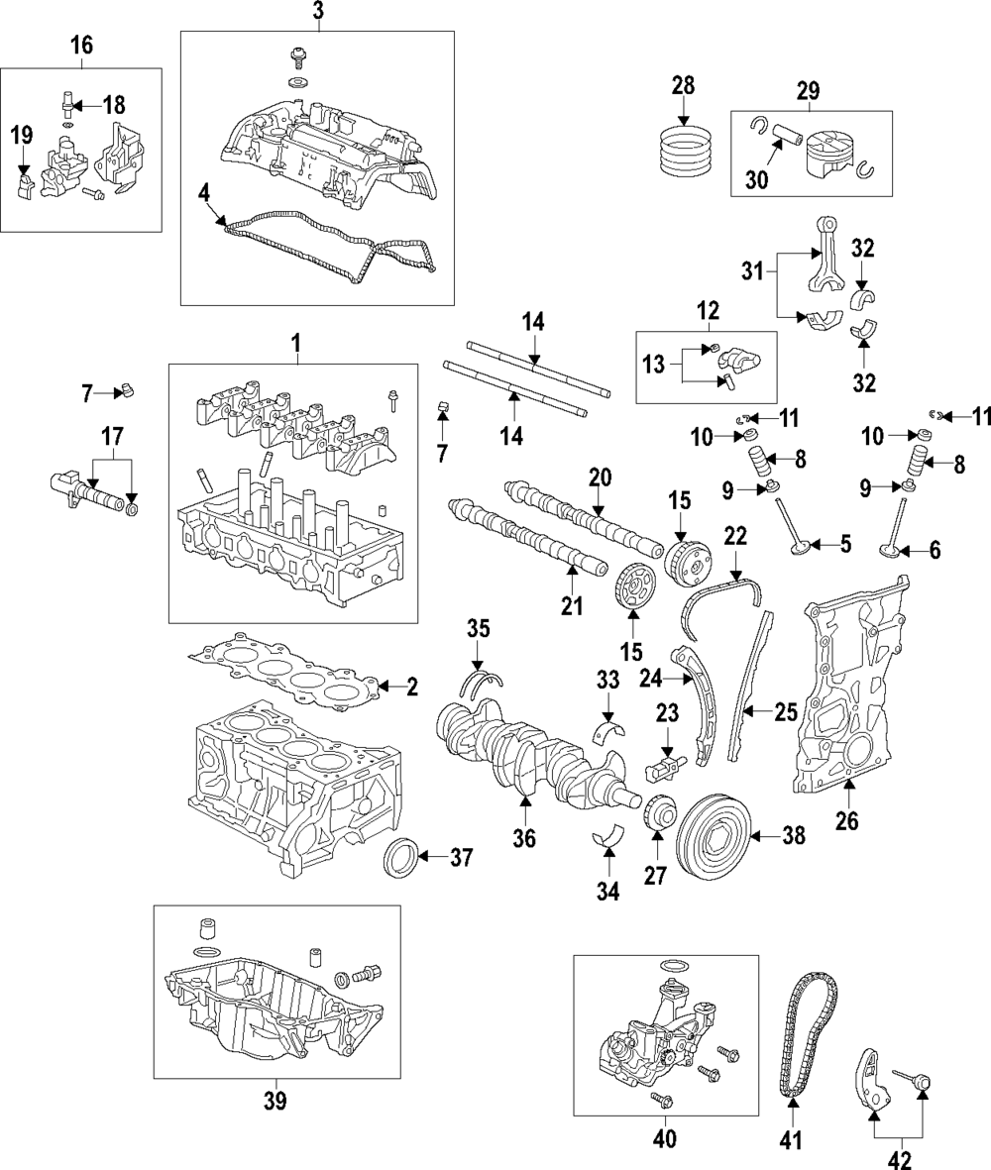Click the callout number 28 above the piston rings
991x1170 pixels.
[x=684, y=86]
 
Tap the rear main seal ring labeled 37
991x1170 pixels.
[x=400, y=855]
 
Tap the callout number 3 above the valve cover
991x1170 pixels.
[x=317, y=12]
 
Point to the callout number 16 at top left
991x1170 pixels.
[x=81, y=47]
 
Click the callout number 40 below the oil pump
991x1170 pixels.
[x=664, y=1139]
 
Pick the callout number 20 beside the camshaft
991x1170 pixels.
[x=600, y=477]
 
